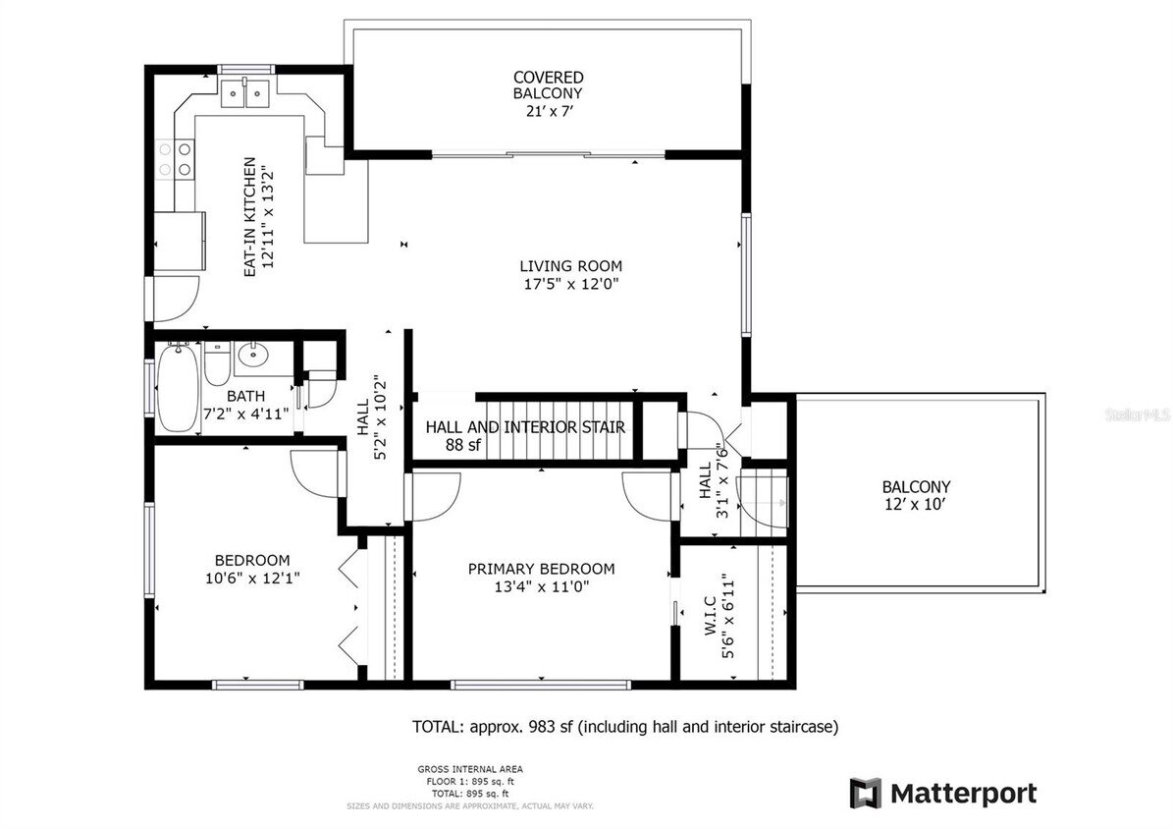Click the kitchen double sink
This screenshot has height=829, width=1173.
[244, 94]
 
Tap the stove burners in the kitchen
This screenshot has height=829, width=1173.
[184, 158]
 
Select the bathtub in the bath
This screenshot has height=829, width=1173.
[179, 388]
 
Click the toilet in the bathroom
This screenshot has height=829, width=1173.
[217, 363]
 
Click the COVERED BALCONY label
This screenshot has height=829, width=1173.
[548, 84]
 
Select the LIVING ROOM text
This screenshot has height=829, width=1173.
[570, 265]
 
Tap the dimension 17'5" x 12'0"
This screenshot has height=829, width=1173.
[570, 284]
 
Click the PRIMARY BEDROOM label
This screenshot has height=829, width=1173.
[541, 569]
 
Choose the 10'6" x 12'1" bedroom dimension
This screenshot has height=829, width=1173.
[252, 579]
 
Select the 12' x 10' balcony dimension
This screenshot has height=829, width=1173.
[916, 505]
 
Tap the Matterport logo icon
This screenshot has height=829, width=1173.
[865, 793]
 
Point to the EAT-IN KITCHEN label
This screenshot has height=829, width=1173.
[250, 216]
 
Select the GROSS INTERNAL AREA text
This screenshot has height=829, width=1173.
[469, 769]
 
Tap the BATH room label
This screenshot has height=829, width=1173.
[244, 396]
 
